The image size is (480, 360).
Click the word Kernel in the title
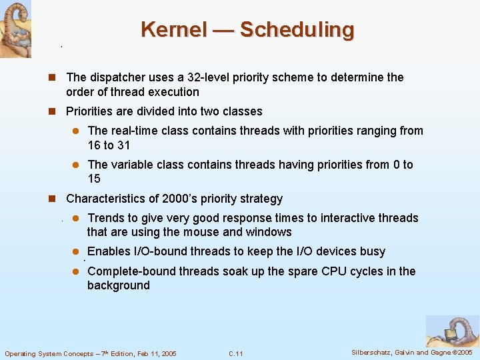pos(175,29)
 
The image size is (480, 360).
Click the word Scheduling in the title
pos(297,29)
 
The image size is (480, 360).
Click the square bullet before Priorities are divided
pos(56,111)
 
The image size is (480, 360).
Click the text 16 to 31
pos(109,145)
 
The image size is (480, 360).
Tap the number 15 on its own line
pos(94,178)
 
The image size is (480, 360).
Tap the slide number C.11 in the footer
pos(235,353)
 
